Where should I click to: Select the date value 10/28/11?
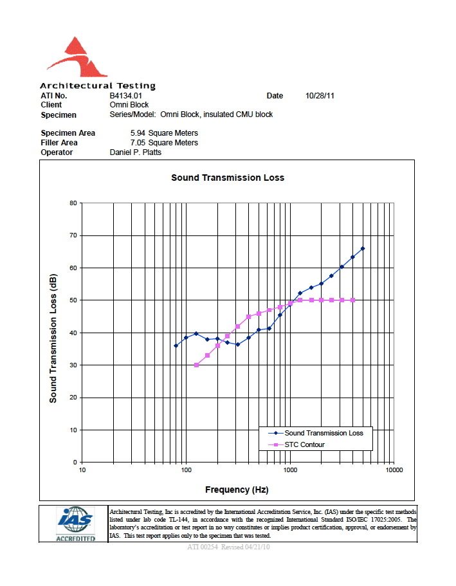320,96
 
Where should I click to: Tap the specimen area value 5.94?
138,133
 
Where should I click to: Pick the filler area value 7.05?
138,143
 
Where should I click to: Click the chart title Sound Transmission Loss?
227,178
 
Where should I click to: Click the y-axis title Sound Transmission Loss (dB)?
53,338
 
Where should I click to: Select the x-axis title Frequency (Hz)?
237,490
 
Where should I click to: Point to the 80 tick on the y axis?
73,203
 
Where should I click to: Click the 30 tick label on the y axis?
73,365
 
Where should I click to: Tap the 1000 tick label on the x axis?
290,471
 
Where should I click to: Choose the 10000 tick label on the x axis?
394,471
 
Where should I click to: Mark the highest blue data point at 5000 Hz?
363,248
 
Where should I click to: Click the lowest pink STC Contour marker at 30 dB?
197,365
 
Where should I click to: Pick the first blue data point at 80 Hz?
176,345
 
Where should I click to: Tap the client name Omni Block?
129,105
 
